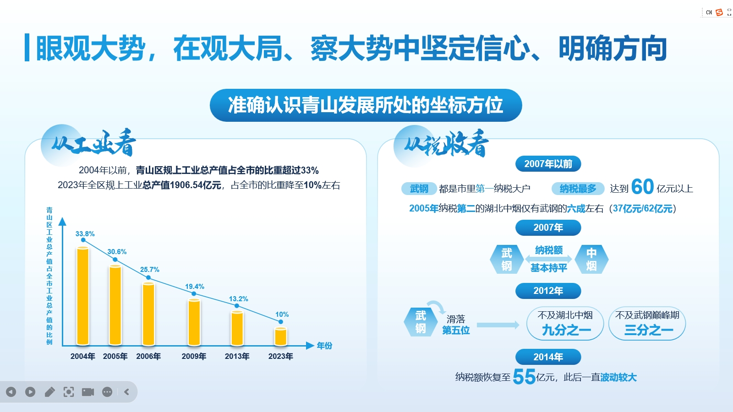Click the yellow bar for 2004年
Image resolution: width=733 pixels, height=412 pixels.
coord(83,296)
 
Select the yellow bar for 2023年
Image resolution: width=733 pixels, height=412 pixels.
coord(281,336)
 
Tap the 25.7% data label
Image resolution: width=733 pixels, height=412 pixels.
coord(149,270)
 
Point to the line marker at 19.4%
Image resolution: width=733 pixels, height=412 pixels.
coord(194,293)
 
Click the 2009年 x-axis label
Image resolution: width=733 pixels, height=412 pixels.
coord(194,356)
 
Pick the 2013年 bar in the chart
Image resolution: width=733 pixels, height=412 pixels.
coord(237,328)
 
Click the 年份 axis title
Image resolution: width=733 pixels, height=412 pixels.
coord(324,346)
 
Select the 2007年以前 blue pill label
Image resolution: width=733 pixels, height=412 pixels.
coord(548,164)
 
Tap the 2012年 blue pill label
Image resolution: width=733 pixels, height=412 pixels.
coord(548,291)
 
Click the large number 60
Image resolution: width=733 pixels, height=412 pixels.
coord(642,187)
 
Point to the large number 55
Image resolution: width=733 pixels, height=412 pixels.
coord(524,377)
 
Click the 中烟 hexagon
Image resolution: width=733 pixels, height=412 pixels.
coord(591,259)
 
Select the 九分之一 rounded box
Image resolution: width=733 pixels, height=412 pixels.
coord(565,323)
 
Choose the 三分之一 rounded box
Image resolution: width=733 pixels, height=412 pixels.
coord(647,323)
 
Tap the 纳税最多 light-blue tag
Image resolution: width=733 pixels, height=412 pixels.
coord(578,189)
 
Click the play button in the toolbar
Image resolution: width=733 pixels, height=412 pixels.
coord(30,392)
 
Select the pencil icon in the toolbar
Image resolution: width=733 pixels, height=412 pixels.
coord(49,392)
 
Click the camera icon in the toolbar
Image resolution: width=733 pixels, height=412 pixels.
coord(88,392)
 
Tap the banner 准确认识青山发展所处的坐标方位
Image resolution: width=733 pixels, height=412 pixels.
coord(366,105)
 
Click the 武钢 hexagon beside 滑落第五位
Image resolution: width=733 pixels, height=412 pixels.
coord(421,322)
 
